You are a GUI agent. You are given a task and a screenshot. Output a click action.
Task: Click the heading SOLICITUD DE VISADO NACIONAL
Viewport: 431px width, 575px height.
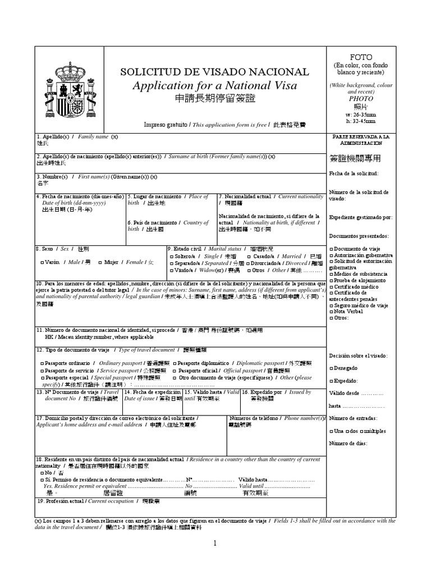pyautogui.click(x=215, y=72)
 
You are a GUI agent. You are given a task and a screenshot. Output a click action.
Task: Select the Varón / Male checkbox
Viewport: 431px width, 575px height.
pyautogui.click(x=43, y=262)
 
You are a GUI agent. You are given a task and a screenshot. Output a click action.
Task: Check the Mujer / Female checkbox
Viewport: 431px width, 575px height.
pyautogui.click(x=100, y=262)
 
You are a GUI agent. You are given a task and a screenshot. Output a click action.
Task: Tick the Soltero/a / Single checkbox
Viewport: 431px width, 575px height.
pyautogui.click(x=171, y=255)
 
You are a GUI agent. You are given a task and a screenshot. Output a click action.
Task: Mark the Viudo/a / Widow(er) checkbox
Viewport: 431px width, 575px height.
pyautogui.click(x=171, y=270)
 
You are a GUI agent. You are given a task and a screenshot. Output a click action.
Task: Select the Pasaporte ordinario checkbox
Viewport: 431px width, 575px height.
pyautogui.click(x=43, y=363)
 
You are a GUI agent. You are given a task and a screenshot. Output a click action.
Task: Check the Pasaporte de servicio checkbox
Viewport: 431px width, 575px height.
pyautogui.click(x=43, y=371)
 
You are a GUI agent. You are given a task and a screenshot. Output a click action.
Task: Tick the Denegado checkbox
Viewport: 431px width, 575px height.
pyautogui.click(x=331, y=368)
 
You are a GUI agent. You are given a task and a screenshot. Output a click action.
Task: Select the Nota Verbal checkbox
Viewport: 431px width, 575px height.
pyautogui.click(x=331, y=312)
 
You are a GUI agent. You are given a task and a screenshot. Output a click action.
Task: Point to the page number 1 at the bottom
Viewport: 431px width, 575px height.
pyautogui.click(x=214, y=543)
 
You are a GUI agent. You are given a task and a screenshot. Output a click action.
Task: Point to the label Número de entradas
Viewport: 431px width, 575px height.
pyautogui.click(x=353, y=418)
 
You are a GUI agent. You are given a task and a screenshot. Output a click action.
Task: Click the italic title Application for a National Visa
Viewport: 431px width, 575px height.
pyautogui.click(x=215, y=85)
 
